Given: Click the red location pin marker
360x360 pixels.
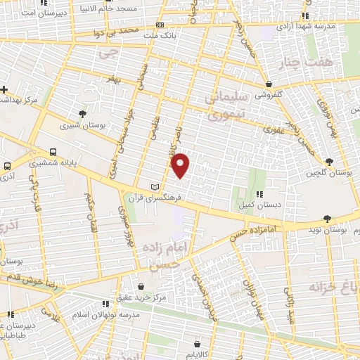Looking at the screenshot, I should tap(181, 165).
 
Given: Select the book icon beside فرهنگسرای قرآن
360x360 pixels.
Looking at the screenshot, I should tap(155, 187).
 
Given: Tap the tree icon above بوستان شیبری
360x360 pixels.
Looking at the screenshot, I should tap(83, 114).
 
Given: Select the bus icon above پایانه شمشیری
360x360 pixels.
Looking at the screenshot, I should tap(53, 152).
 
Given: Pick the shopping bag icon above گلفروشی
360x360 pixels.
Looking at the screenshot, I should tap(269, 84).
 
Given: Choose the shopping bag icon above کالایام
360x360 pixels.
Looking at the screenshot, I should tap(198, 344).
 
